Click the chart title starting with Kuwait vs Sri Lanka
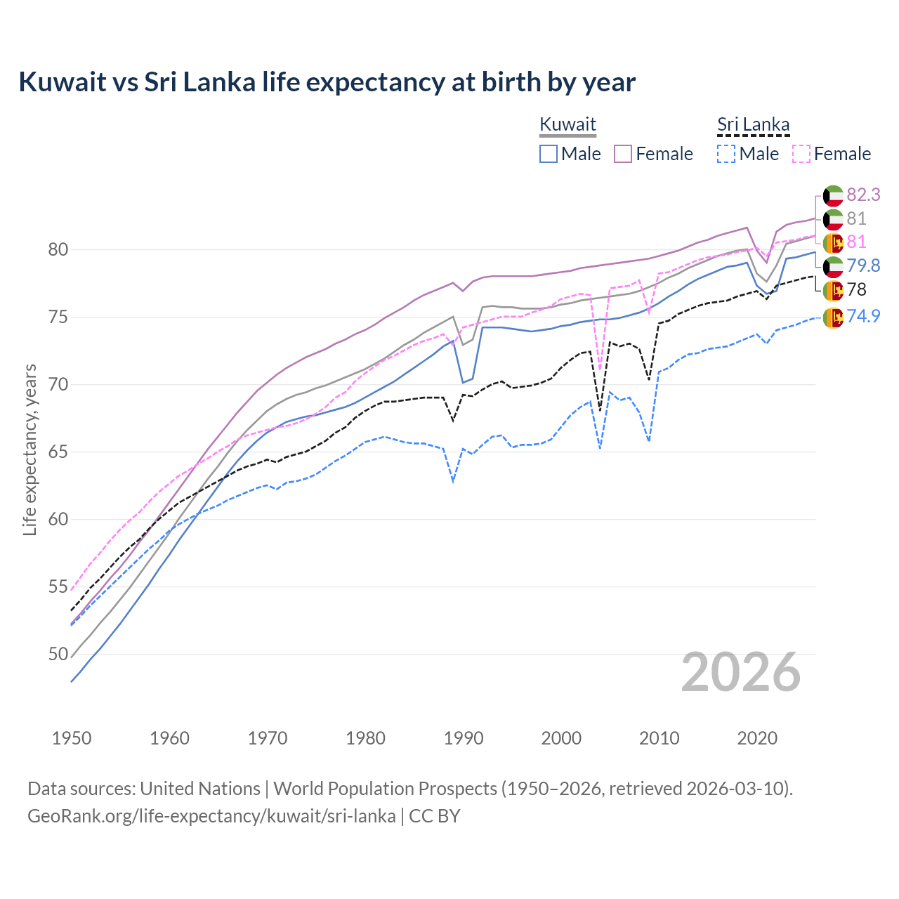[327, 82]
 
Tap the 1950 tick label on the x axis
[72, 738]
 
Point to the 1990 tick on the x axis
[464, 738]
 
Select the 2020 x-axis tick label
[757, 738]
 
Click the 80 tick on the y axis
[58, 249]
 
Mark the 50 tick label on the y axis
[58, 654]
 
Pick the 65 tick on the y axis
[58, 452]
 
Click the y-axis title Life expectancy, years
[29, 449]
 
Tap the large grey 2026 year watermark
[740, 672]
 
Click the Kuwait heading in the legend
[567, 124]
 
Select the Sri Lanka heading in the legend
[753, 124]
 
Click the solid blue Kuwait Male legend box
[549, 154]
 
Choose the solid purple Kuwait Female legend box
[623, 154]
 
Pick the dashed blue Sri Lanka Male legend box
[726, 154]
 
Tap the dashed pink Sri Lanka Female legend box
[801, 154]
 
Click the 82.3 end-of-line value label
[863, 195]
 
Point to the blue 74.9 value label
[863, 316]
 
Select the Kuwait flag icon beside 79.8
[833, 266]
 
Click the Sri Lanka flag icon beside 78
[833, 289]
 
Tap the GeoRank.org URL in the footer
[211, 816]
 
